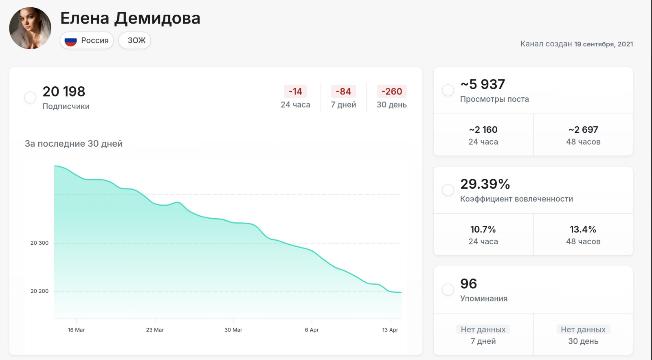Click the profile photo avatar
click(x=30, y=28)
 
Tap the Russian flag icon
click(x=71, y=41)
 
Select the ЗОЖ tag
click(x=136, y=40)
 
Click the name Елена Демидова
click(x=130, y=18)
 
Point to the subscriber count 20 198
click(x=64, y=92)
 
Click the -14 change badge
click(x=295, y=92)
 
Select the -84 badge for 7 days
click(x=343, y=92)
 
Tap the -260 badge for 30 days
click(x=392, y=92)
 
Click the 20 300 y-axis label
click(x=40, y=243)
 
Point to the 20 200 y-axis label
click(x=40, y=291)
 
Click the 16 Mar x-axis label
click(x=77, y=330)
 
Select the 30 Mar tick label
click(x=233, y=330)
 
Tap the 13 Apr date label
click(x=390, y=330)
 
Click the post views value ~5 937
click(x=483, y=84)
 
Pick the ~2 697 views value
click(x=583, y=130)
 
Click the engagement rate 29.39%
click(x=485, y=184)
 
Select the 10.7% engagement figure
click(x=483, y=230)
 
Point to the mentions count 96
click(x=468, y=284)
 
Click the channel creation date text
click(x=576, y=44)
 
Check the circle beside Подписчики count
click(x=30, y=97)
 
